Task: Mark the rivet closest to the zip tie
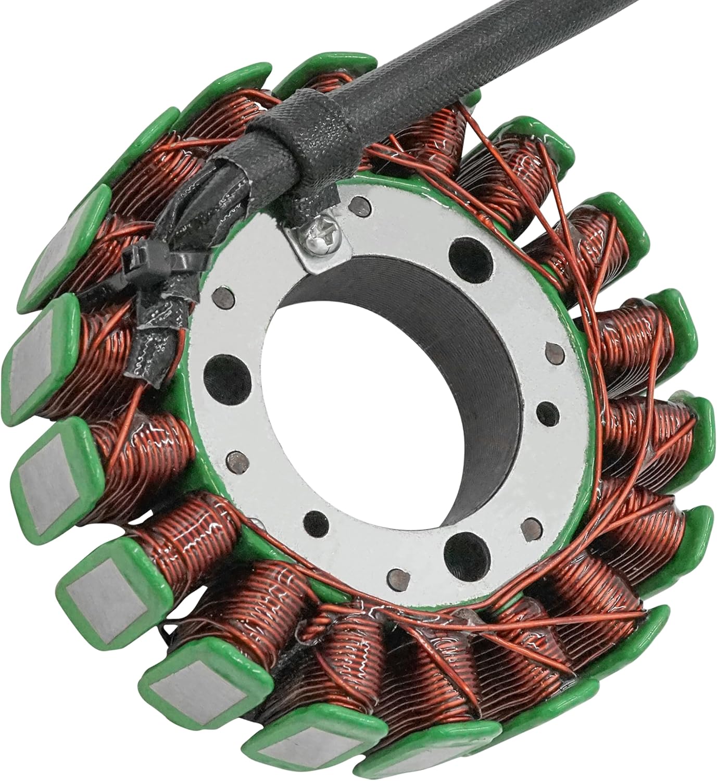pyautogui.click(x=225, y=294)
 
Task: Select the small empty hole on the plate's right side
pyautogui.click(x=546, y=408)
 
